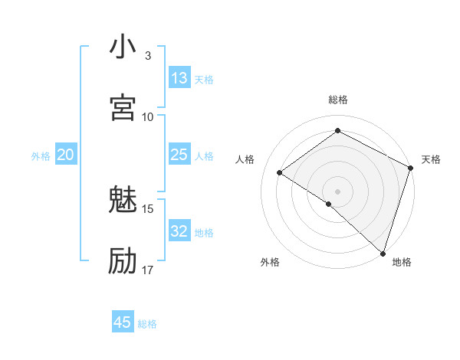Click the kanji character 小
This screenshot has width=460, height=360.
tap(123, 48)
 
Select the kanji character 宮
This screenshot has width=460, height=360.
tap(123, 108)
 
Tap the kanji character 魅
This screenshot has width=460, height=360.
tap(123, 201)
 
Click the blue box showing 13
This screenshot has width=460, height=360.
tap(179, 78)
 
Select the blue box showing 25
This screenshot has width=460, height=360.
tap(179, 155)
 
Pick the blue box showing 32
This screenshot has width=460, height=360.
tap(179, 231)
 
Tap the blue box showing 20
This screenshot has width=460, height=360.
tap(66, 155)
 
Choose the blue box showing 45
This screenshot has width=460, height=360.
tap(123, 322)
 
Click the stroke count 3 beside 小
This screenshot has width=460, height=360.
tap(148, 56)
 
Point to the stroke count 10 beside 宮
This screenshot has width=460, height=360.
tap(148, 116)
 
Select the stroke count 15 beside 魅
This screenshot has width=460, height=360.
tap(148, 208)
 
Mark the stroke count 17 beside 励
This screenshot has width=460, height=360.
tap(148, 270)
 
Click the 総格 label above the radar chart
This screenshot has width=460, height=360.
tap(338, 100)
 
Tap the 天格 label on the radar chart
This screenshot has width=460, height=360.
tap(431, 159)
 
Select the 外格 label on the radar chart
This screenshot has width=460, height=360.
tap(270, 262)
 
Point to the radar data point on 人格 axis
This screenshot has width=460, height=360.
tap(280, 172)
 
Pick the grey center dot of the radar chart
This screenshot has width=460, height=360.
tap(338, 191)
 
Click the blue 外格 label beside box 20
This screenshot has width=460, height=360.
tap(41, 156)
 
